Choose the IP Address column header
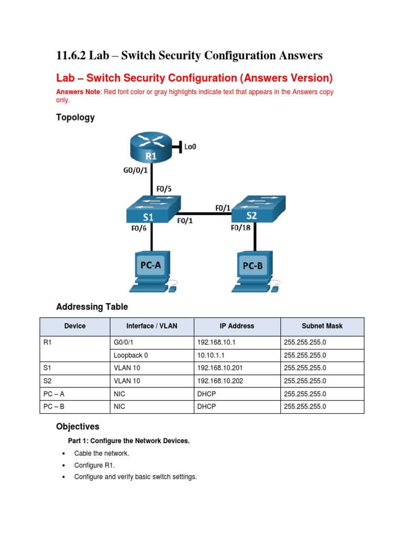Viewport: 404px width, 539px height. point(237,326)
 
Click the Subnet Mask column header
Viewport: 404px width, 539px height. point(322,326)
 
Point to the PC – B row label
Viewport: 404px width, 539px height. point(55,406)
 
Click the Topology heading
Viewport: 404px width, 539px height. point(75,117)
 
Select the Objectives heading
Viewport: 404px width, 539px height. point(77,426)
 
